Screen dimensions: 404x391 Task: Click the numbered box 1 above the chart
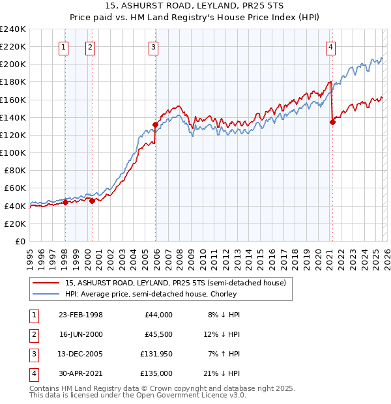pos(64,47)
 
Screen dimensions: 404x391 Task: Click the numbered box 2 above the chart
pos(89,47)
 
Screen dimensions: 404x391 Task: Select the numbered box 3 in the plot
pos(153,47)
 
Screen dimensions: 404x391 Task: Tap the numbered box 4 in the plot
pos(331,47)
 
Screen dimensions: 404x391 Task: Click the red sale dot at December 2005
pos(156,124)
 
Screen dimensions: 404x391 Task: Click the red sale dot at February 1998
pos(65,202)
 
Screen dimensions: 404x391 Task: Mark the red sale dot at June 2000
pos(92,201)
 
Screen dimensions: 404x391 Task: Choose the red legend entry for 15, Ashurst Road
pos(175,283)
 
